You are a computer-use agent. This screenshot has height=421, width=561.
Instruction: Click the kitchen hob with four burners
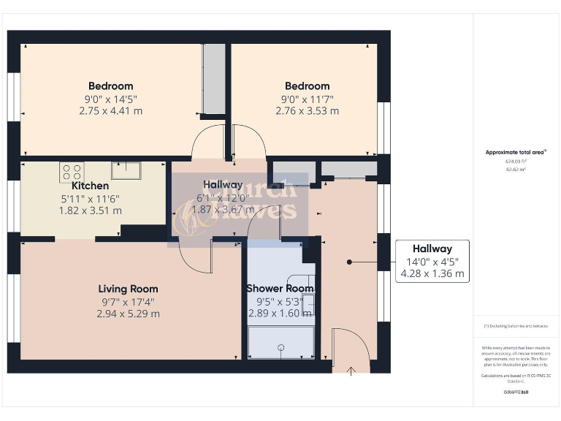tap(72, 172)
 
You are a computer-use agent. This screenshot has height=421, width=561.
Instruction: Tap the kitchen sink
tap(126, 170)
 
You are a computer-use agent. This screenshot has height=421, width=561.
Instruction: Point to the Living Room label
tap(128, 289)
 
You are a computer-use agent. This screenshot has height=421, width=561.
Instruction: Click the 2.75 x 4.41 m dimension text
tap(110, 111)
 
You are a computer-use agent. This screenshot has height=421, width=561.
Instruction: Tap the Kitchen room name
tap(90, 186)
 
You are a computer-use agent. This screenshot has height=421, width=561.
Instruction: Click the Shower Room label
tap(280, 289)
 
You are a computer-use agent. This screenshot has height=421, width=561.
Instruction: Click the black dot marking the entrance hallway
tap(349, 262)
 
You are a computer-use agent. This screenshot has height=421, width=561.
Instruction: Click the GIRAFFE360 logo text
tap(516, 392)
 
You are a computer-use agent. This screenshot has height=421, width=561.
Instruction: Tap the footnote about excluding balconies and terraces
tap(516, 326)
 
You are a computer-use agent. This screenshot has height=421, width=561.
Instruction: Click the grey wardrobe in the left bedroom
tap(214, 79)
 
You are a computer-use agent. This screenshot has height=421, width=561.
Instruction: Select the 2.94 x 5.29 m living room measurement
tap(128, 314)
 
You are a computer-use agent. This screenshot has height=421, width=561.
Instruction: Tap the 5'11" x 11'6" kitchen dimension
tap(90, 198)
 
